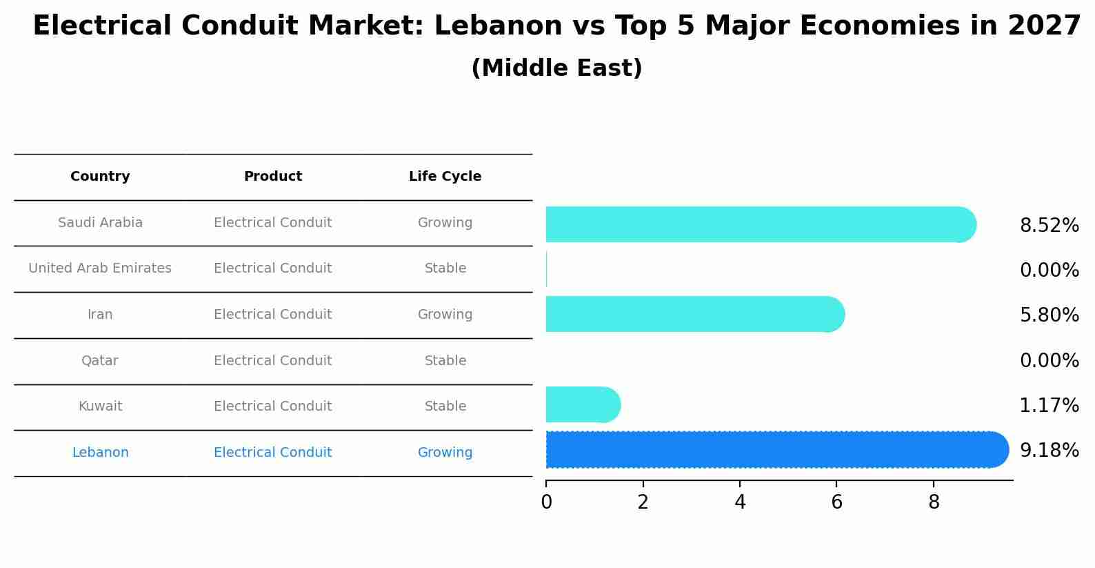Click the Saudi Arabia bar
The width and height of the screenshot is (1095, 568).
759,224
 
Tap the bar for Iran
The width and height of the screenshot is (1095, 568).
693,314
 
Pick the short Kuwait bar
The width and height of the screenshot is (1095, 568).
581,404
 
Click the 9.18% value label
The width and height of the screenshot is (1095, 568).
1049,451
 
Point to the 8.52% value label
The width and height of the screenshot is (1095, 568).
1049,226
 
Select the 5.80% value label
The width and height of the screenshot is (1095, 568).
1049,315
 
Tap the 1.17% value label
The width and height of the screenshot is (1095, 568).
1049,406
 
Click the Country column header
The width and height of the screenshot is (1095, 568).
100,177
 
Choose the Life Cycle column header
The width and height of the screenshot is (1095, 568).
445,177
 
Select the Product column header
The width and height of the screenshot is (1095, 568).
272,177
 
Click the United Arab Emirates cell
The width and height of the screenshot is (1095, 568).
100,268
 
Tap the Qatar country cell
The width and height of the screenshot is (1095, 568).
100,361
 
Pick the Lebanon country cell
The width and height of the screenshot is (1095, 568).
100,453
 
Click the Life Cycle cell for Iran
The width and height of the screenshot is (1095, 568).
445,315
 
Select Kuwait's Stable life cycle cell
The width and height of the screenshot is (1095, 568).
445,407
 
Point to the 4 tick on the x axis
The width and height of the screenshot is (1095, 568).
740,502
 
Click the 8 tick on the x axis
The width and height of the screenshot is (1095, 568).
934,502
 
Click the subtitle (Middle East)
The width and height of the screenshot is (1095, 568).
556,68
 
